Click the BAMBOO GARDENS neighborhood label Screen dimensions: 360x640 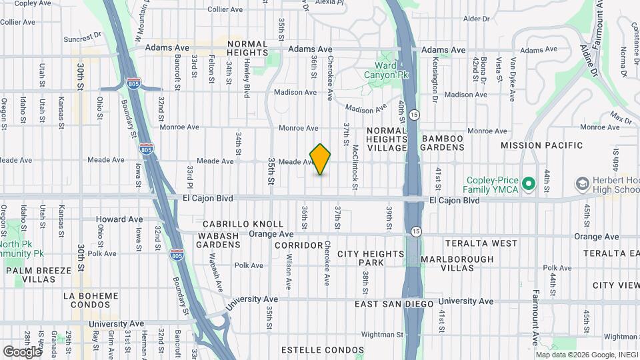[442, 143]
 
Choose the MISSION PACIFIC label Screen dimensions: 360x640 [541, 145]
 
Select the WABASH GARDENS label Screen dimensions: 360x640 [217, 240]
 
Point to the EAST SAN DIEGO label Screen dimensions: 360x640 [394, 304]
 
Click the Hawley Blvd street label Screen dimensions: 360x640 [246, 79]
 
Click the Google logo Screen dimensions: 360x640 [22, 351]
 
